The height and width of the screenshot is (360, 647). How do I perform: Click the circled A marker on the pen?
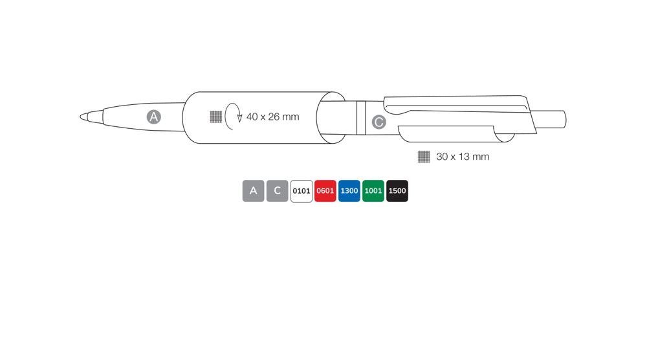coord(154,117)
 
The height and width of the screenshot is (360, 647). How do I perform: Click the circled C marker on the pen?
coord(378,122)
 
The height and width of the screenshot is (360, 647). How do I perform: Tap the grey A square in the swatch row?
coord(254,191)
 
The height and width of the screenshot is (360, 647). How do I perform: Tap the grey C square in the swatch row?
coord(278,191)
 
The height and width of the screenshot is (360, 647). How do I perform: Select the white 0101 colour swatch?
coord(302,191)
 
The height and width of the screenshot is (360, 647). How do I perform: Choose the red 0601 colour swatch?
coord(325,191)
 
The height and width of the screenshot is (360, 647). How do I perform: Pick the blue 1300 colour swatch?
coord(349,191)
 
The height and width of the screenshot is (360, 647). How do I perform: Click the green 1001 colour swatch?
coord(373,191)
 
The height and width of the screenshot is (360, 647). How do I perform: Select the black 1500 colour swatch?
coord(397,191)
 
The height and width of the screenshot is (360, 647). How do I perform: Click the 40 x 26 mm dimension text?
coord(273,117)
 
